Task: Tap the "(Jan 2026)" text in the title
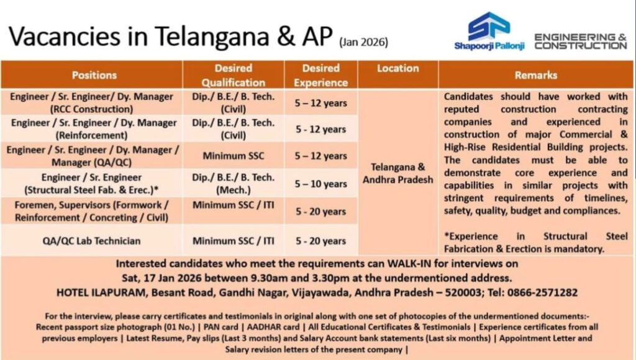pyautogui.click(x=363, y=43)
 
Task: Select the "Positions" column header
pyautogui.click(x=94, y=74)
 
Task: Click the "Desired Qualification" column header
pyautogui.click(x=233, y=74)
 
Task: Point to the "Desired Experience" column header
pyautogui.click(x=320, y=74)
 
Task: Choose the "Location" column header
pyautogui.click(x=397, y=68)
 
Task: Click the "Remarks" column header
pyautogui.click(x=535, y=75)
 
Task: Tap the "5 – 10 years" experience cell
pyautogui.click(x=321, y=184)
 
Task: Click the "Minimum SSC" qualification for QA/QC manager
pyautogui.click(x=233, y=156)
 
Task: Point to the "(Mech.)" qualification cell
pyautogui.click(x=233, y=190)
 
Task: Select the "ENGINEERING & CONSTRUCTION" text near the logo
pyautogui.click(x=580, y=42)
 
